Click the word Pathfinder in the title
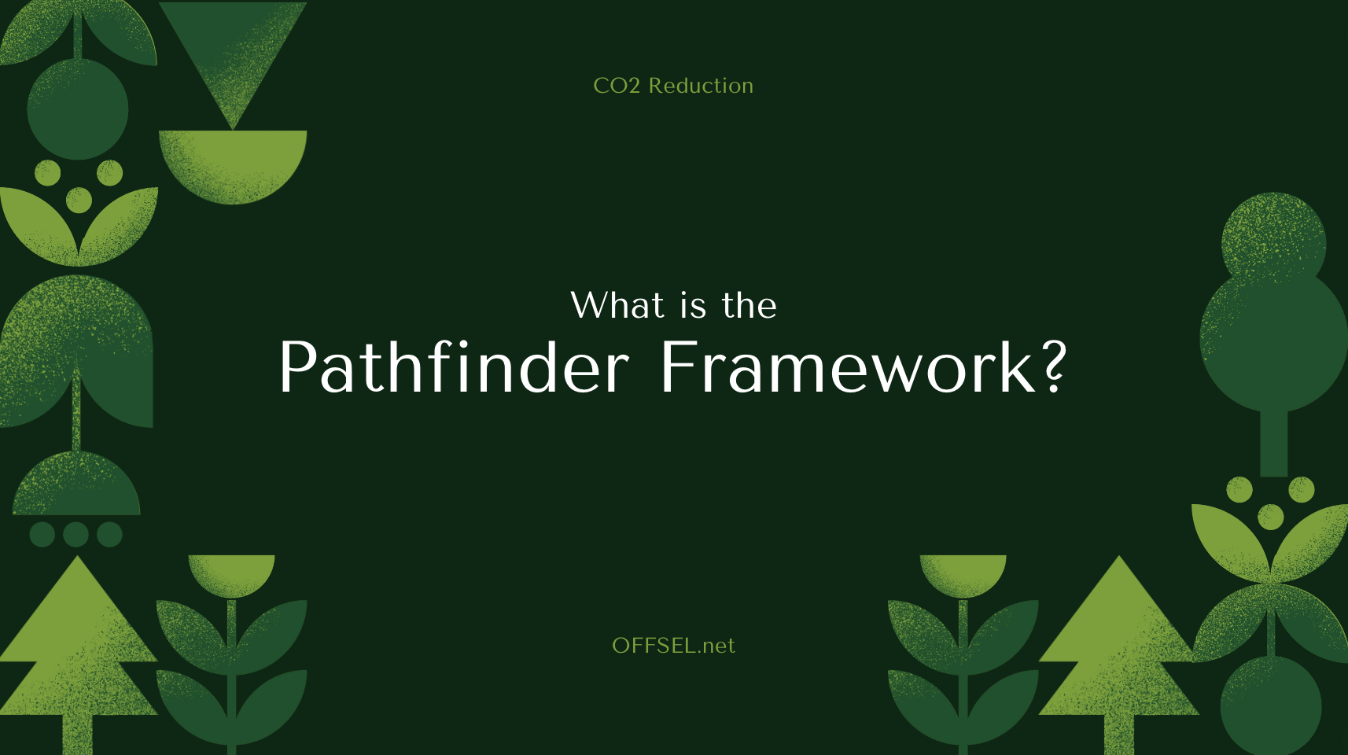(x=454, y=367)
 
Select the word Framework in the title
(x=848, y=367)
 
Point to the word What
(x=617, y=305)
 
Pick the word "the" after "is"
(x=749, y=306)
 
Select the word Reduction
(x=701, y=86)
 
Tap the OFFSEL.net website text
(x=673, y=646)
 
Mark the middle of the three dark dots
(x=76, y=535)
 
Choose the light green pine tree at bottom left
(x=77, y=645)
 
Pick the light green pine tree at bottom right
(x=1119, y=645)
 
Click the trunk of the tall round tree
(x=1273, y=444)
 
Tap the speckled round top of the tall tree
(x=1273, y=236)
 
